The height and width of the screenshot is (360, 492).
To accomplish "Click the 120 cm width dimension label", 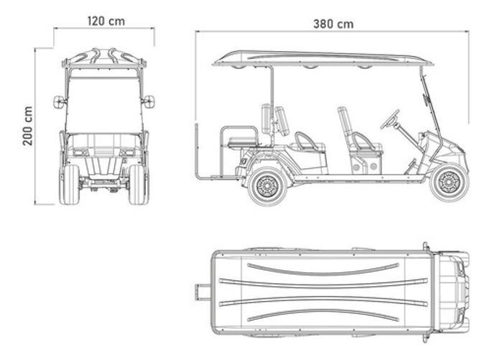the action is [106, 22].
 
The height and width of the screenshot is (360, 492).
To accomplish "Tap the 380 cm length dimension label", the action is [333, 24].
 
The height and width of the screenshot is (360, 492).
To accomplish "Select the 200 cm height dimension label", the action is [27, 126].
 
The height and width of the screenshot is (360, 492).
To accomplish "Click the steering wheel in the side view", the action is [390, 119].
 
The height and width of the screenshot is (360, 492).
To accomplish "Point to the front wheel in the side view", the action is [450, 182].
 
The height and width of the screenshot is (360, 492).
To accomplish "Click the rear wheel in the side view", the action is [268, 186].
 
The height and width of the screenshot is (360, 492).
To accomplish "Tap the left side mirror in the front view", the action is [59, 102].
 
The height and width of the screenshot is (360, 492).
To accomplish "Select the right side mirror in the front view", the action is [149, 101].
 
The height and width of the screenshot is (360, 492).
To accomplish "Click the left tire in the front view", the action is [70, 184].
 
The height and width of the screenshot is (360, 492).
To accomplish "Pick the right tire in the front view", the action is [138, 184].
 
